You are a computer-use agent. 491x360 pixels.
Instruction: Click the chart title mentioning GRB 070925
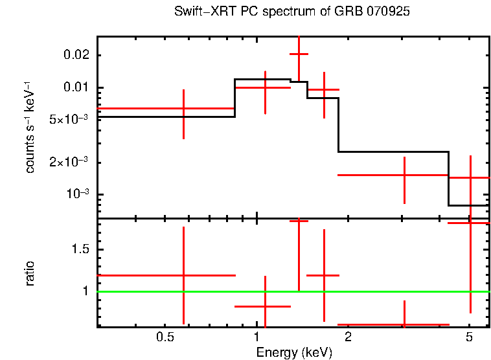click(x=291, y=12)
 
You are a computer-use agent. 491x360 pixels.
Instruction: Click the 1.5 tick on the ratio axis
click(x=80, y=249)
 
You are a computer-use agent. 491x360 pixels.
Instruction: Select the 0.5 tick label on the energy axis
click(x=166, y=337)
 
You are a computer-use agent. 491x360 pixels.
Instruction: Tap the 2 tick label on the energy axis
click(x=348, y=337)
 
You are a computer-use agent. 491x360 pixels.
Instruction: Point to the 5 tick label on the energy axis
click(x=470, y=337)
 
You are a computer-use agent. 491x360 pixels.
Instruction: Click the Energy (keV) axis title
click(x=294, y=352)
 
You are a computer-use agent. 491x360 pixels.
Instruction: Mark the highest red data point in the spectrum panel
click(x=299, y=54)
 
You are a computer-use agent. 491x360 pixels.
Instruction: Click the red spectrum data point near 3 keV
click(x=404, y=175)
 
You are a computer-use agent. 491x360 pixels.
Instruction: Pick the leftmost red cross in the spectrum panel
click(x=184, y=108)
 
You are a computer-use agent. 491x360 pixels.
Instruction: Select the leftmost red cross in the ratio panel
click(x=184, y=275)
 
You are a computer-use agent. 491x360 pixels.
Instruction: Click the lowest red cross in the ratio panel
click(x=404, y=324)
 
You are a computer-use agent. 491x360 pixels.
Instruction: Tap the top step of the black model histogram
click(x=262, y=79)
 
